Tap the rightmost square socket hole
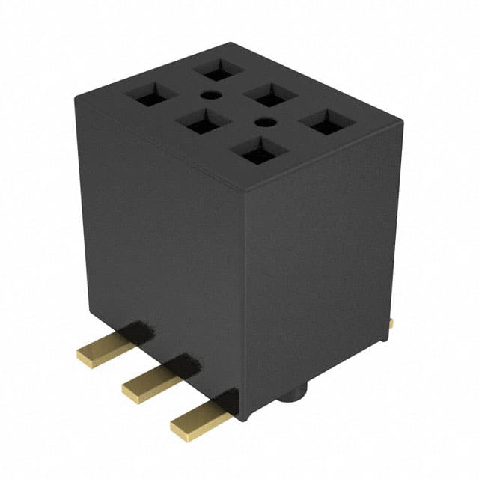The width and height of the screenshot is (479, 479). [327, 124]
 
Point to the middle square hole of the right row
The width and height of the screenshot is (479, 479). [271, 96]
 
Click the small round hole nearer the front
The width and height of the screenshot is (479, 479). [263, 122]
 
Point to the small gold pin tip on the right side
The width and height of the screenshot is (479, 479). [391, 323]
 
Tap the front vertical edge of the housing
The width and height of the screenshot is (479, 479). [244, 299]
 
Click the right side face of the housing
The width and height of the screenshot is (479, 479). [322, 262]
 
